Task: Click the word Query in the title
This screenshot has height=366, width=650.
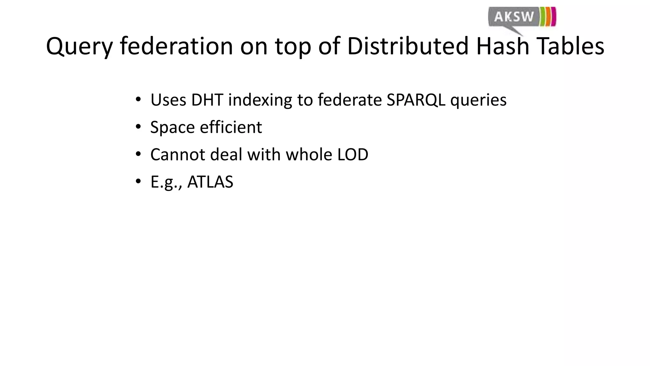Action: pos(79,47)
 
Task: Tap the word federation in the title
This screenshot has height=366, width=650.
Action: pos(177,46)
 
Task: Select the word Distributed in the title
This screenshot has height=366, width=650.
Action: pos(408,46)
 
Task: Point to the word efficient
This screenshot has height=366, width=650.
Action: pos(231,127)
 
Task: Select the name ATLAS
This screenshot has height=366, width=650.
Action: pos(210,182)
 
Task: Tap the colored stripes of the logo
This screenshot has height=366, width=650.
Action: pos(548,16)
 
